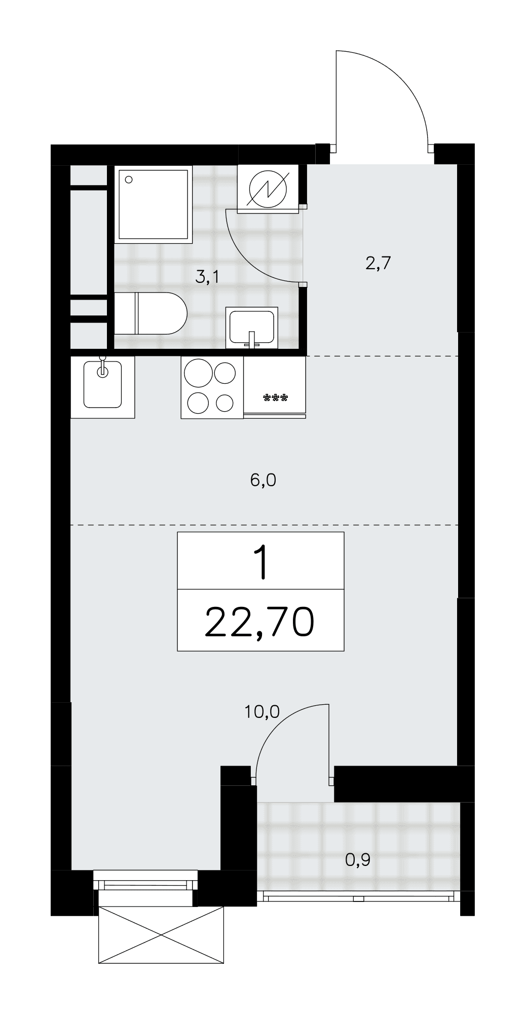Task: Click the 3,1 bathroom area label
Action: coord(208,277)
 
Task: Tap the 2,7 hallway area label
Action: coord(378,264)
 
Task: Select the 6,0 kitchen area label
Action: coord(263,480)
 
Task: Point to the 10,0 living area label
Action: coord(262,712)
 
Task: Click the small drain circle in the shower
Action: coord(129,179)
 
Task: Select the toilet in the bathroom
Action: coord(151,313)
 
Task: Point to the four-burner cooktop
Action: coord(212,387)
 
